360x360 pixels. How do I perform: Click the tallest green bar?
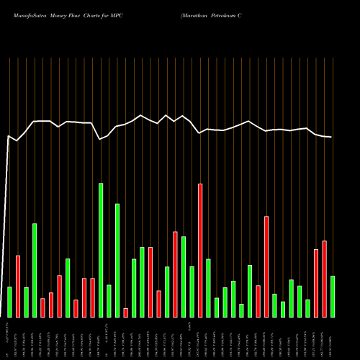point(101,250)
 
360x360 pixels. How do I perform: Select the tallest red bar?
point(200,250)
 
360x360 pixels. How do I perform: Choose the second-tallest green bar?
point(117,260)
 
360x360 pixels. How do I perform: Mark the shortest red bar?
point(125,312)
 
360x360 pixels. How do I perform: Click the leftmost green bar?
point(9,302)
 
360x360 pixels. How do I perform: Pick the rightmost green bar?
point(333,296)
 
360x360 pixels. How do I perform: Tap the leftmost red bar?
point(18,286)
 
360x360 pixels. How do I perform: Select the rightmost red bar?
point(324,279)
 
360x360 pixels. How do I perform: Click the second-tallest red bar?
point(266,266)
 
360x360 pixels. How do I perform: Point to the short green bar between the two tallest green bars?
point(109,300)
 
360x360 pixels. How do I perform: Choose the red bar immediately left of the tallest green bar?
point(92,297)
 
